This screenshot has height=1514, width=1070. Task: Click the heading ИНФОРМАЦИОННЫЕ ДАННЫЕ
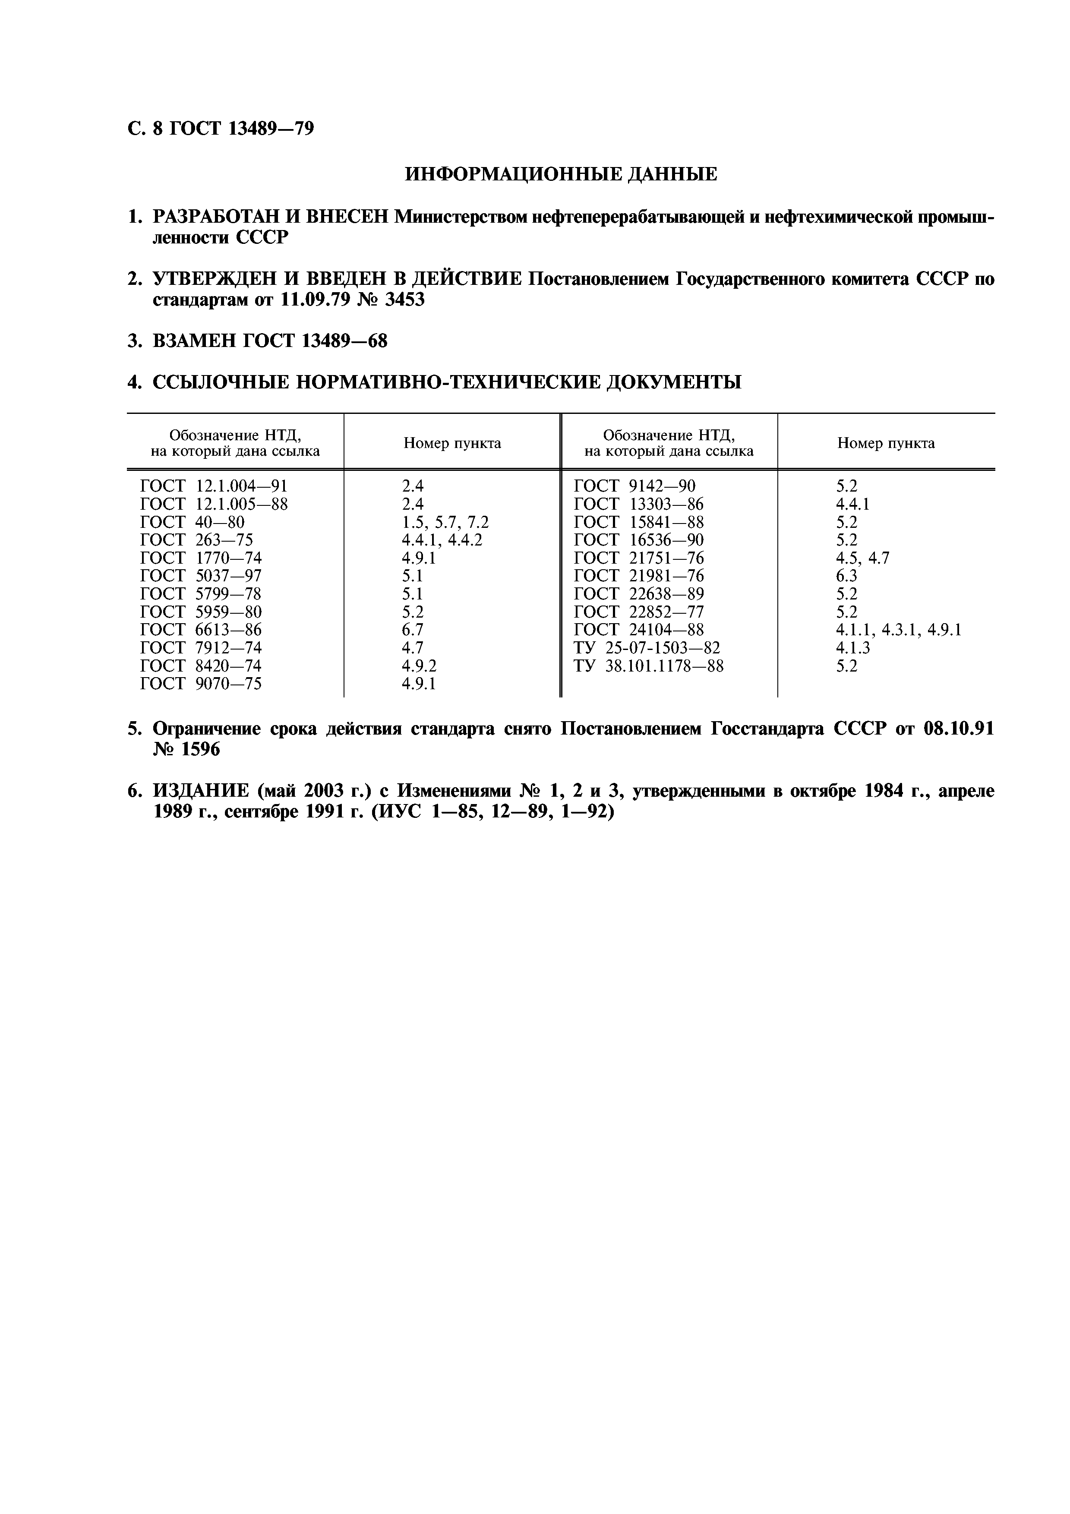(x=560, y=175)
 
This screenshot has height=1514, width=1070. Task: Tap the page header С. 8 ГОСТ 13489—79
(x=221, y=129)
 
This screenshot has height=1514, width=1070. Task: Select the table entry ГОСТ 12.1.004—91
(x=214, y=486)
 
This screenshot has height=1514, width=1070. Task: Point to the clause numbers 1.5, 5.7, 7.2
(x=445, y=522)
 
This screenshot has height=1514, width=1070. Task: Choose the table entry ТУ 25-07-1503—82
(x=647, y=647)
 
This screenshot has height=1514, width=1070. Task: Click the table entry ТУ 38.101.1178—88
(x=648, y=666)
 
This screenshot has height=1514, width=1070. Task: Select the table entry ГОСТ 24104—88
(x=638, y=630)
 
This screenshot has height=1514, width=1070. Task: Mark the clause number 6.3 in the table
(x=846, y=576)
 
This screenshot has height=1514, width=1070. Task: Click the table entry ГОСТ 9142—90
(x=634, y=486)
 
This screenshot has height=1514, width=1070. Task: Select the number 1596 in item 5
(x=197, y=750)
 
